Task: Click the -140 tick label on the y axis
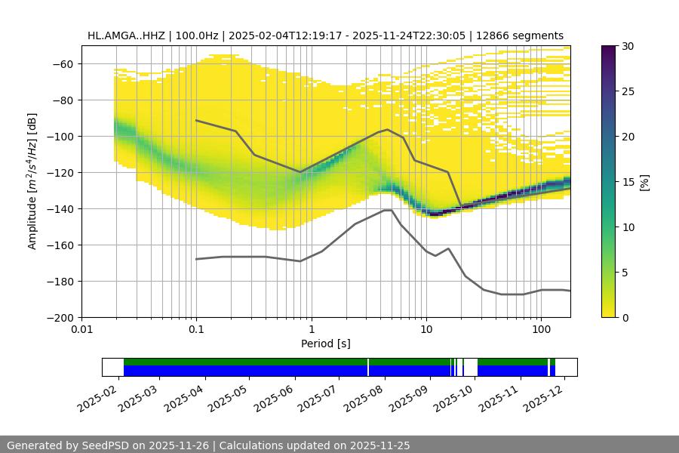(58, 208)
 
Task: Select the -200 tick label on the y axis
(58, 317)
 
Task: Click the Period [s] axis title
(326, 344)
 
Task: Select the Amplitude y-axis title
(32, 181)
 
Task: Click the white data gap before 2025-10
(470, 367)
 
